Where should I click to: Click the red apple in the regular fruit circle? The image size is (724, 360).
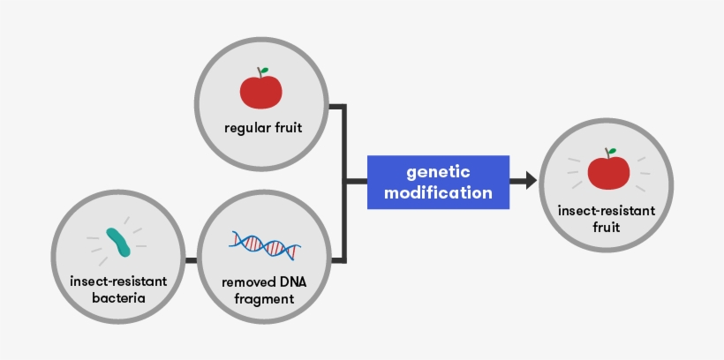(261, 90)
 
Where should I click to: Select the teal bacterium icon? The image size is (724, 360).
(119, 241)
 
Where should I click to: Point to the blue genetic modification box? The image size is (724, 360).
(438, 182)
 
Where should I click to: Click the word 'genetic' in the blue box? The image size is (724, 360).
(438, 171)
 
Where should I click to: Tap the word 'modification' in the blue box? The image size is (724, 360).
(438, 192)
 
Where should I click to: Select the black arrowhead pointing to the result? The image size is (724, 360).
(529, 181)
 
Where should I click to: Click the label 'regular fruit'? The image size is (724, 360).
(262, 129)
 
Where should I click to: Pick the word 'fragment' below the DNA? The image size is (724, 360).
(263, 300)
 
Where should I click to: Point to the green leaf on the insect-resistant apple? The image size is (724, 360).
(611, 152)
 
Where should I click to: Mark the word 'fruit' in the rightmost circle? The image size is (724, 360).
(607, 227)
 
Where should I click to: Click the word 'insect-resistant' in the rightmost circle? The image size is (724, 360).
(607, 211)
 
